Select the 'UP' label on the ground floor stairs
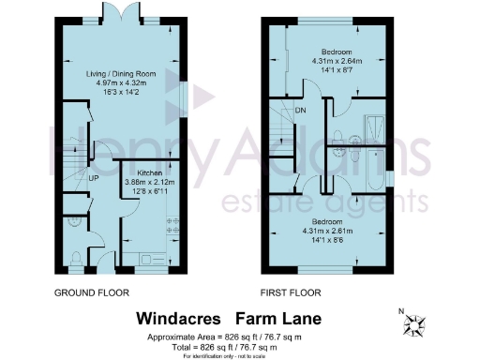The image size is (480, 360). click(x=94, y=178)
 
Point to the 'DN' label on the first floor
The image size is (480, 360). click(x=301, y=109)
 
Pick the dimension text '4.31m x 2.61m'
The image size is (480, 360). click(x=336, y=230)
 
